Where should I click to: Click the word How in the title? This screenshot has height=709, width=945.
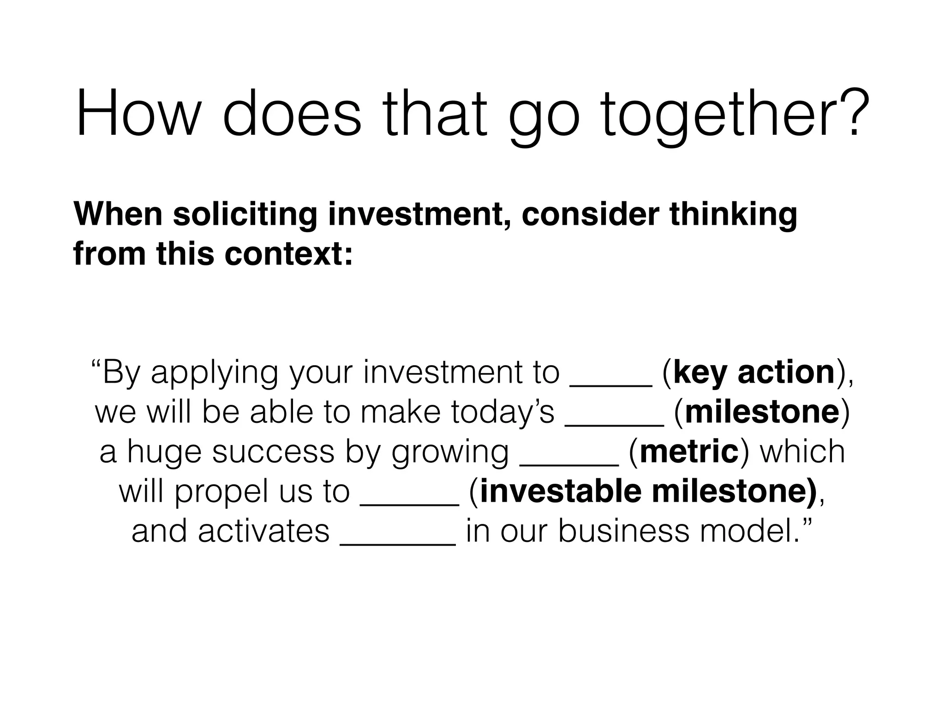pos(137,113)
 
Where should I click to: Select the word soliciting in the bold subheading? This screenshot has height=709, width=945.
pos(245,215)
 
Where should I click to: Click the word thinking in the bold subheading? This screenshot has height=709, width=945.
pos(733,215)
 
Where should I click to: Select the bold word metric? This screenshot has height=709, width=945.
pos(689,452)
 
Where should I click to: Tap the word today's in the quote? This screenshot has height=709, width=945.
pos(502,412)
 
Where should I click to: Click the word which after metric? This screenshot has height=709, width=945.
pos(802,452)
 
